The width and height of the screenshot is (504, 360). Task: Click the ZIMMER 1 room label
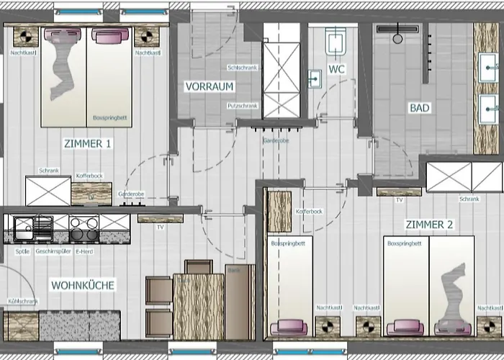point(87,143)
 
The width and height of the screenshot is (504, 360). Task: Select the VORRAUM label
point(210,86)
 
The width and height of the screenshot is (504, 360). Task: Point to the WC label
point(336,70)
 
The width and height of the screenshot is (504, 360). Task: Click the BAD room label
point(419,108)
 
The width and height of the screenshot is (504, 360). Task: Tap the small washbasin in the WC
point(315,78)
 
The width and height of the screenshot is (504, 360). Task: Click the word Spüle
point(22,251)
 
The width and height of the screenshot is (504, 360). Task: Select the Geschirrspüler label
point(52,251)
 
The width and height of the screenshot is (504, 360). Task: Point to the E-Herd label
point(85,251)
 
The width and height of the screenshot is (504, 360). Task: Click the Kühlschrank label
point(23,302)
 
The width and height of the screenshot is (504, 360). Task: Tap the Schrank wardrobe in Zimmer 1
point(48,190)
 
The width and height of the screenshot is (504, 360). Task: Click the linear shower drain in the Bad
point(397,29)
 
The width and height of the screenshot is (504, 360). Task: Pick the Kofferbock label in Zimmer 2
point(309,212)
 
